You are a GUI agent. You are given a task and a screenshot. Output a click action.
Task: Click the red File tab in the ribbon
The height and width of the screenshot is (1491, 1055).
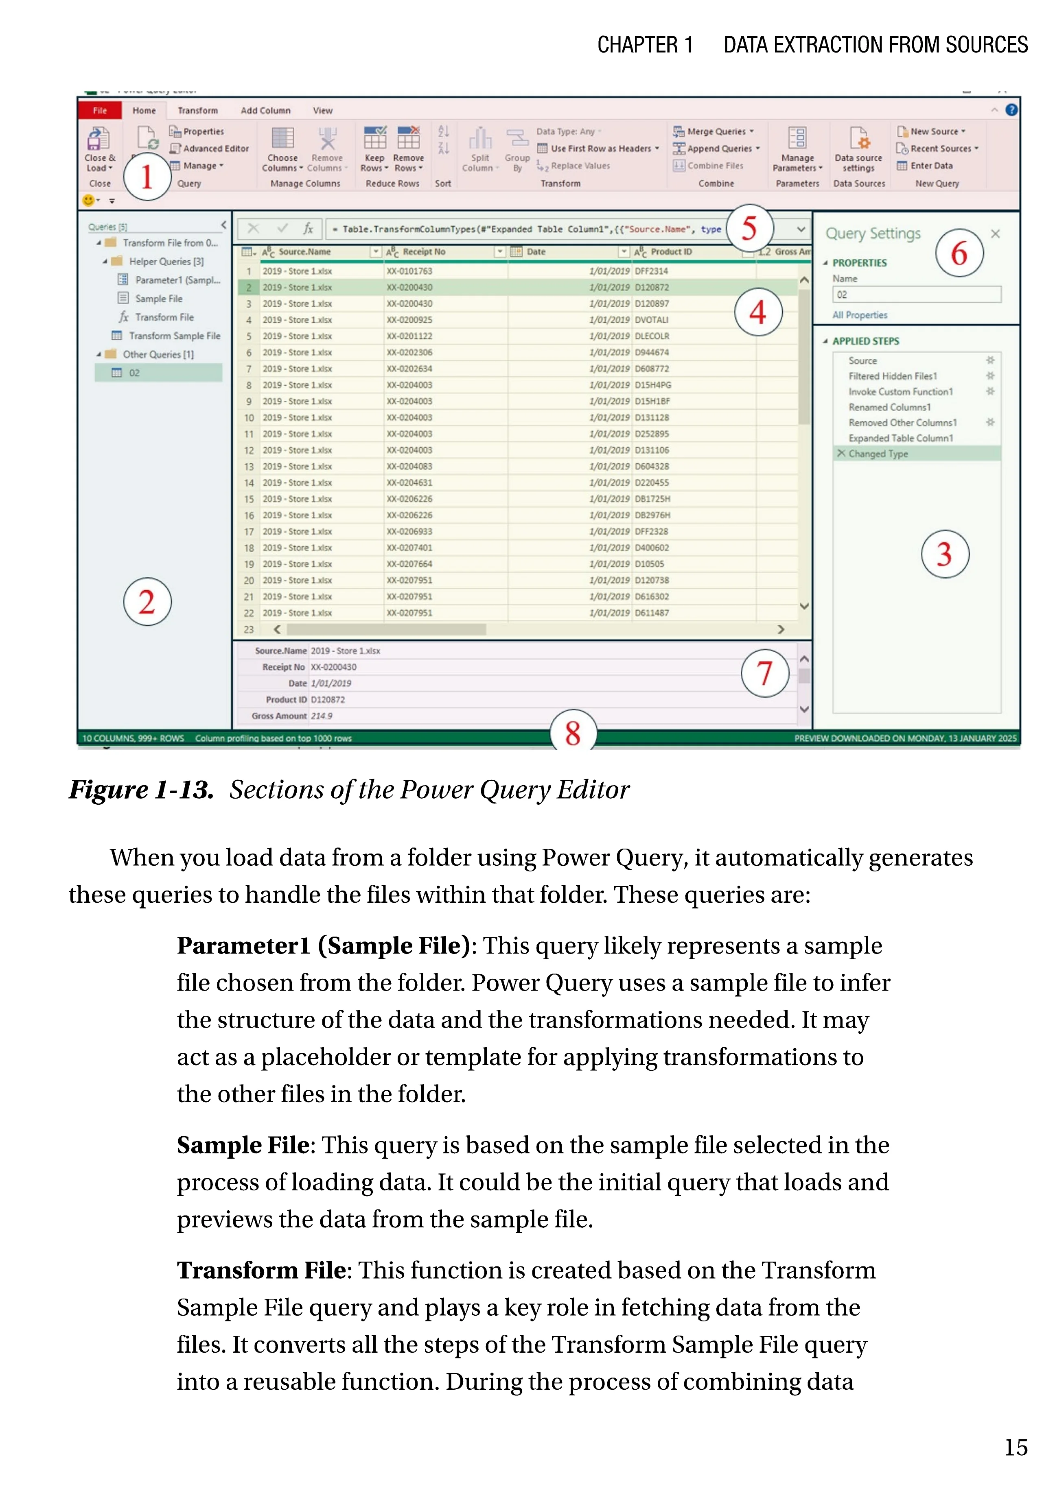pos(99,110)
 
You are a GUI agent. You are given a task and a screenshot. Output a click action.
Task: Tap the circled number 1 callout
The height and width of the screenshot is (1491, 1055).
pos(147,177)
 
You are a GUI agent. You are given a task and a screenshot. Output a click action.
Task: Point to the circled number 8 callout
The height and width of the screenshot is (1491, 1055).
pos(572,733)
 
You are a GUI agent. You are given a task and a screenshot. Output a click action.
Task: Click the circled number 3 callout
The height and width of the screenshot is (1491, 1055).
pos(945,554)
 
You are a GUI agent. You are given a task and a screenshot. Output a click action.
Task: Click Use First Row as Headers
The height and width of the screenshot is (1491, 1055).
pos(600,149)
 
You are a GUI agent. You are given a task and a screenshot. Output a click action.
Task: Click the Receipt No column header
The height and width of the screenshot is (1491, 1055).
pos(424,252)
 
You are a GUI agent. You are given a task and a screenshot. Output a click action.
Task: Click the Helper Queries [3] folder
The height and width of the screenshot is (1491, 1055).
pos(166,262)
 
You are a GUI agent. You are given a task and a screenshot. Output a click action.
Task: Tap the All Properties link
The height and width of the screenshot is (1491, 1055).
pos(860,315)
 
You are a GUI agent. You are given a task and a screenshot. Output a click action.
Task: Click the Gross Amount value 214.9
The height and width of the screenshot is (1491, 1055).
pos(322,716)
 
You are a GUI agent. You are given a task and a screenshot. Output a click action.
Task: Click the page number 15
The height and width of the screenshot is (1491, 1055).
pos(1016,1447)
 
